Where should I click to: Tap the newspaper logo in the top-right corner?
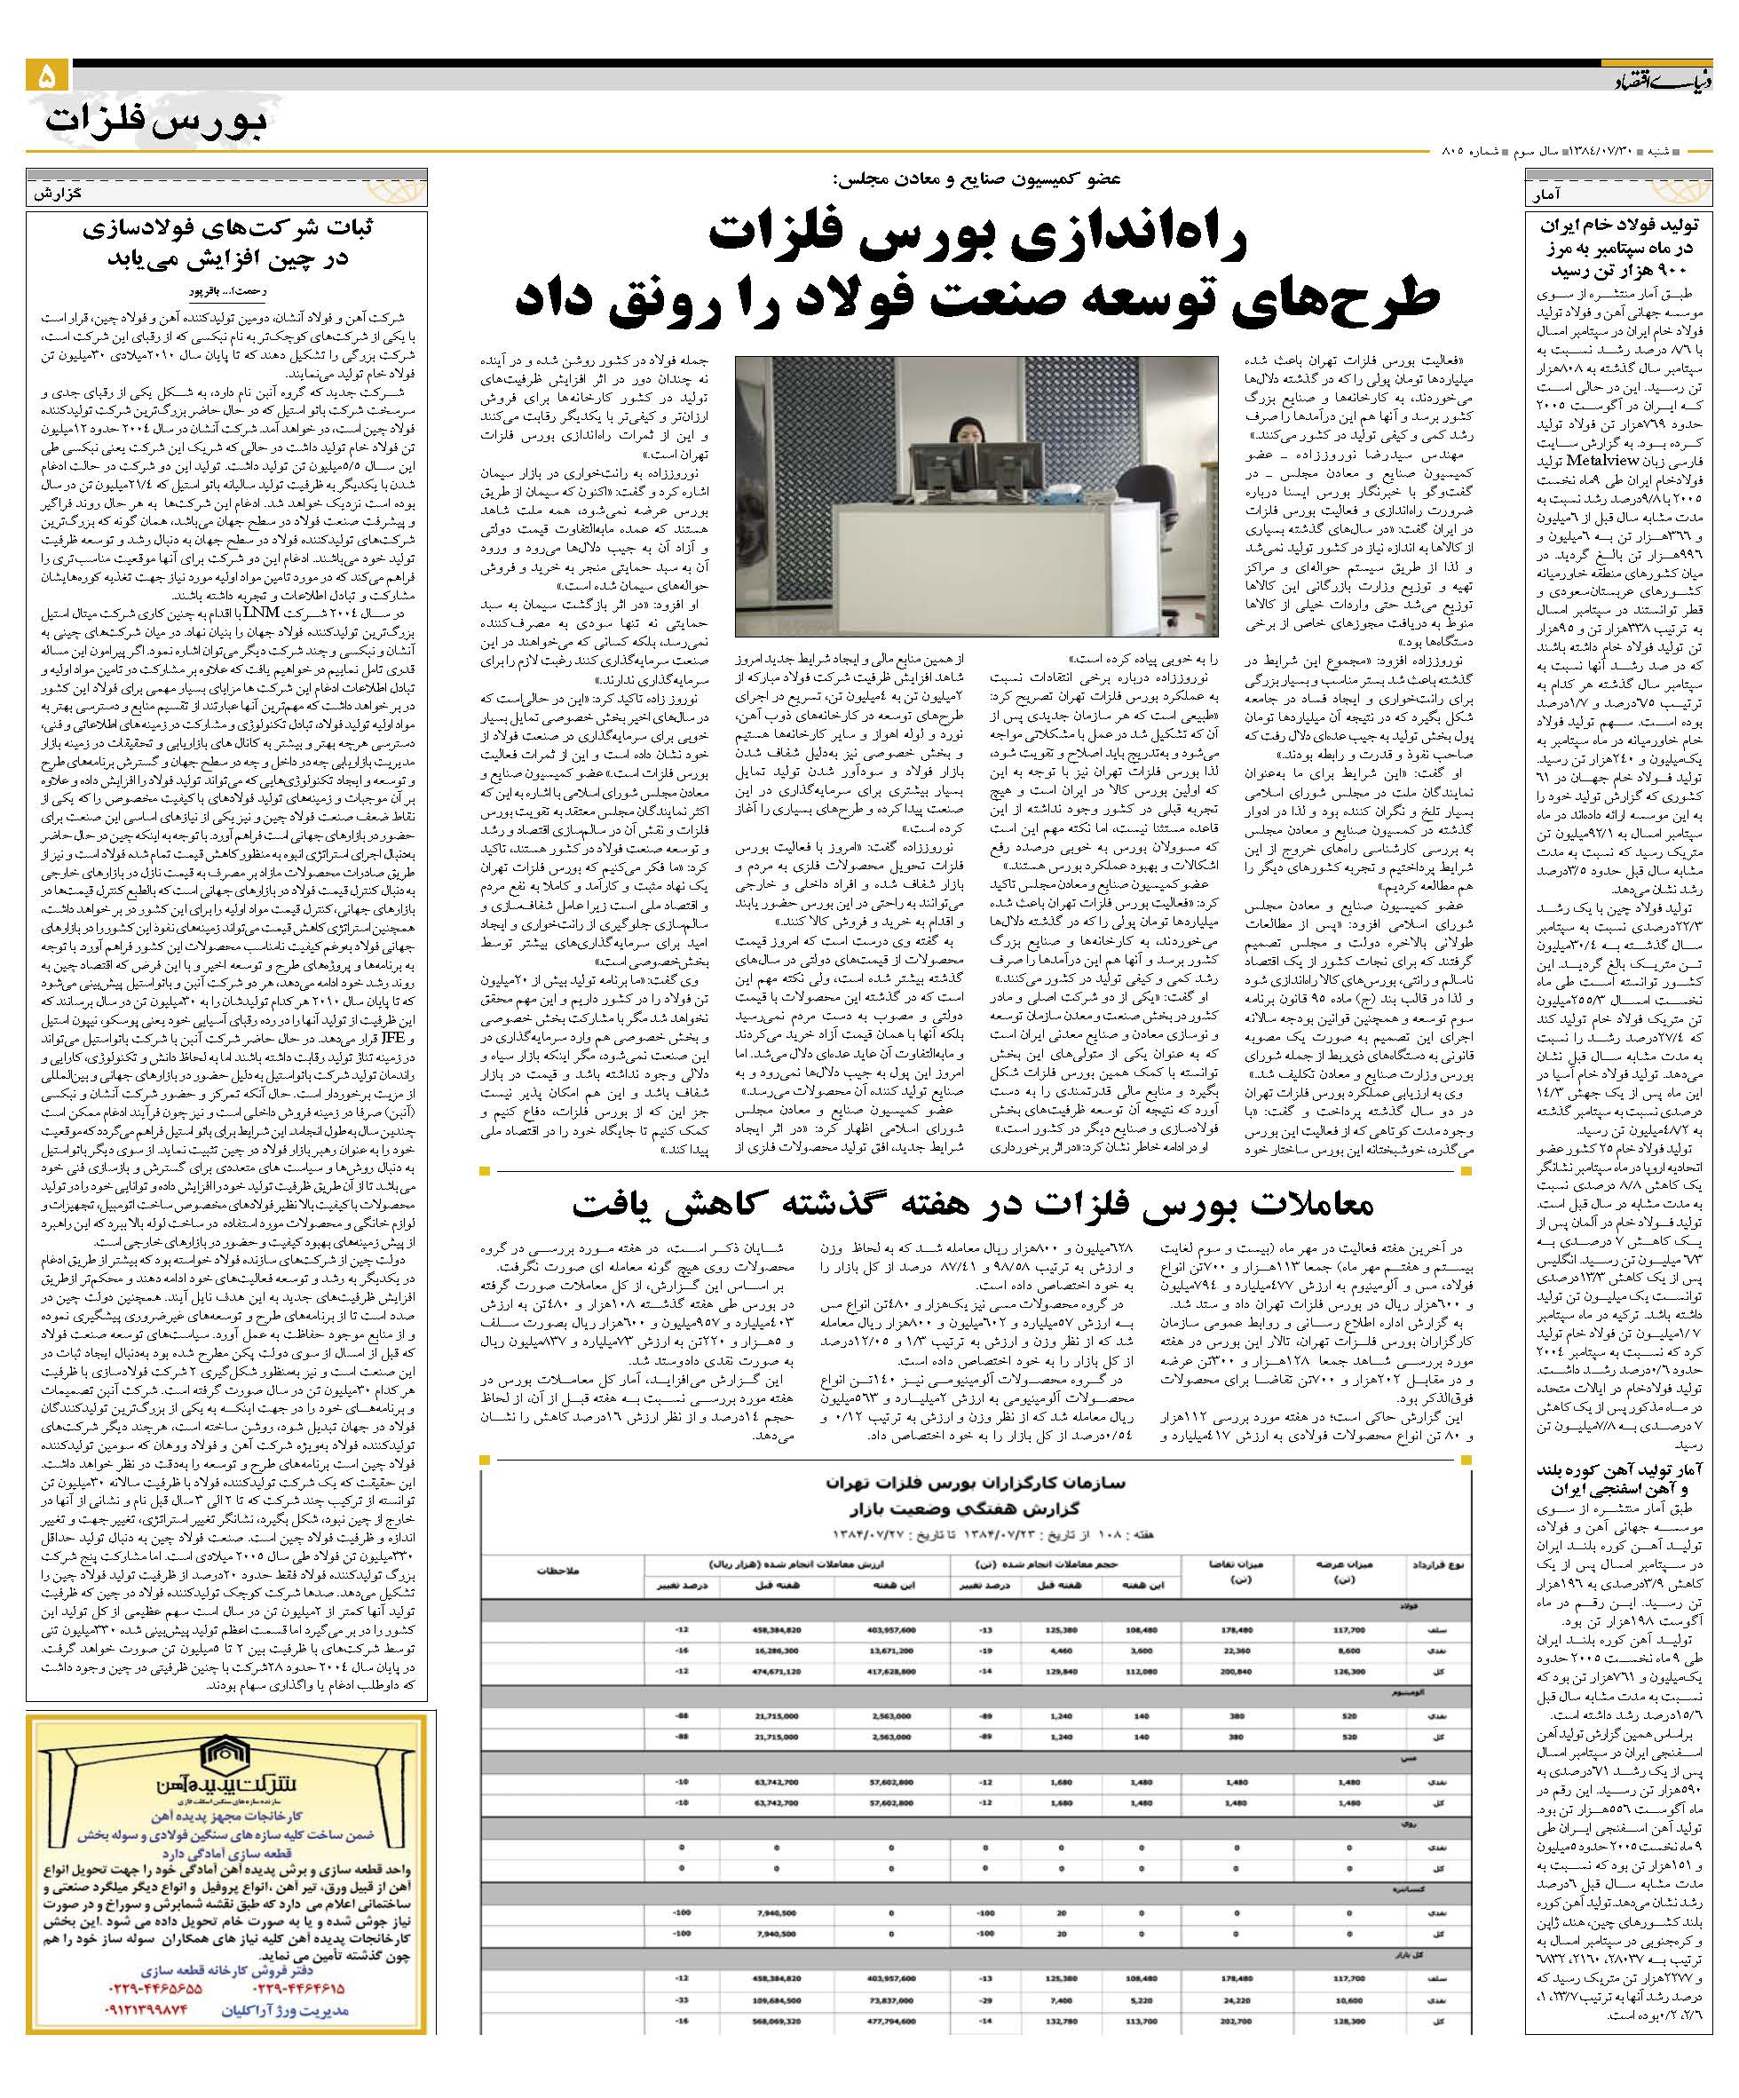(x=1663, y=81)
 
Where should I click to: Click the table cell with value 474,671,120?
(x=777, y=1669)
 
